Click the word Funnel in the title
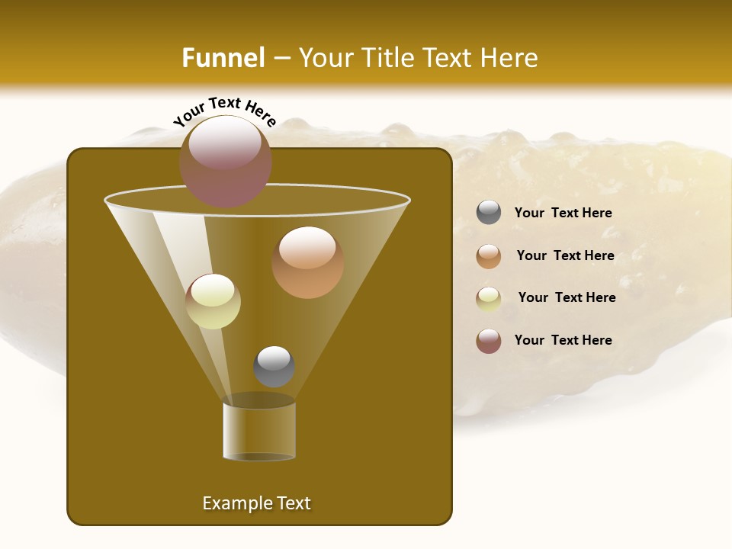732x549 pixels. point(223,58)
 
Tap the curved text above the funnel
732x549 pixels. point(224,112)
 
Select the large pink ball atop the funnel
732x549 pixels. point(225,161)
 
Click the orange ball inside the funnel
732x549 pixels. point(307,262)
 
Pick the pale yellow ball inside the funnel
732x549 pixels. point(213,300)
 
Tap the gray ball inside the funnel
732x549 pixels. point(274,366)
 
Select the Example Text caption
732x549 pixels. point(256,503)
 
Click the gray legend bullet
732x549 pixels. point(489,213)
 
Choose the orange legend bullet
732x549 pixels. point(489,255)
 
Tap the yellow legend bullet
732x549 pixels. point(489,298)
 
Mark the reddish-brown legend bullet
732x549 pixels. point(489,341)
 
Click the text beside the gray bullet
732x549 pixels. point(563,213)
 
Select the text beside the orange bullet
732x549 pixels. point(565,255)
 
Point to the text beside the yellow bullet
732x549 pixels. point(567,297)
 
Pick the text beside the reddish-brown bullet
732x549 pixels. point(563,340)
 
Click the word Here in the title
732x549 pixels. point(509,58)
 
